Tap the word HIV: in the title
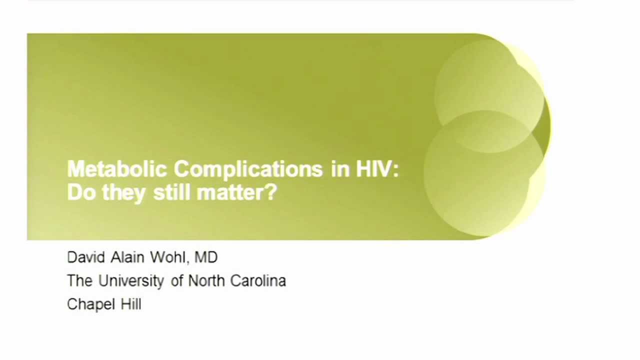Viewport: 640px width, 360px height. pos(377,169)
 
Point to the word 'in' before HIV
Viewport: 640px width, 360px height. pos(339,169)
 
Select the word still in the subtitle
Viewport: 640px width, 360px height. pos(171,192)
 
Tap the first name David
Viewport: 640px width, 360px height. pos(85,257)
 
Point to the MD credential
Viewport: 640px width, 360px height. pos(206,257)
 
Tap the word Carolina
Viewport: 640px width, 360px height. pos(258,281)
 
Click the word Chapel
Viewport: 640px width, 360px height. pos(90,304)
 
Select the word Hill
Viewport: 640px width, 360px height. pos(131,304)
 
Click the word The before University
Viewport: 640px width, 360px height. pos(79,281)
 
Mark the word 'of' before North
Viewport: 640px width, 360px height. pos(177,281)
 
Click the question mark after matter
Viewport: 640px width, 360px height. pos(270,192)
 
